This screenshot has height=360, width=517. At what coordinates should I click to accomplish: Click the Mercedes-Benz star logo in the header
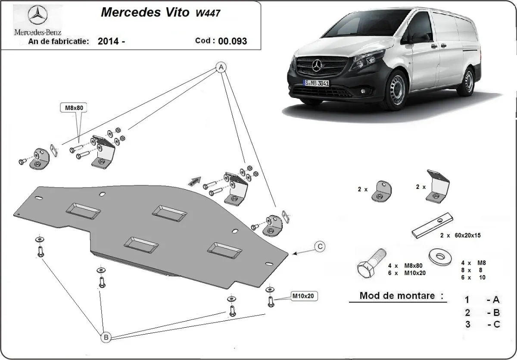click(x=37, y=16)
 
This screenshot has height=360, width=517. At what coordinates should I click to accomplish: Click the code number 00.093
click(x=233, y=41)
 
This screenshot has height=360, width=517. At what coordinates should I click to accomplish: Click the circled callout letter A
click(x=221, y=68)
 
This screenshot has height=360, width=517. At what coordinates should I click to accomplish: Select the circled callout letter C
click(x=319, y=247)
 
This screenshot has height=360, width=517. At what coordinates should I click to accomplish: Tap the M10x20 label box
click(x=305, y=296)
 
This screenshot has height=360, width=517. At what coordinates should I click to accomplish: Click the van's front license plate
click(x=316, y=83)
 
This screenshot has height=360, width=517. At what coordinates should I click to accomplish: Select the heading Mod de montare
click(x=401, y=296)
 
